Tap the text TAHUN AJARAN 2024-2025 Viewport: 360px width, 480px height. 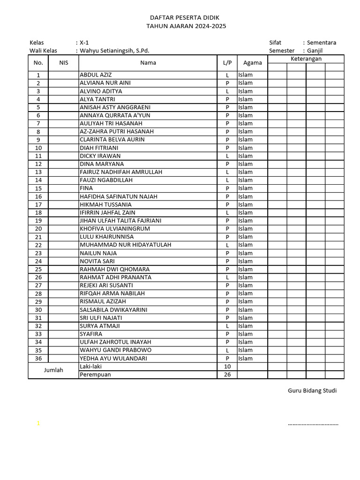tap(186, 26)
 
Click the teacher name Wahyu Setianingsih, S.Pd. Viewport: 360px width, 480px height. tap(114, 51)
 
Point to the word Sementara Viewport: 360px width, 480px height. tap(321, 42)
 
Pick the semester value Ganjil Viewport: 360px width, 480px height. tap(315, 51)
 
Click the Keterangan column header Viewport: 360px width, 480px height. tap(306, 59)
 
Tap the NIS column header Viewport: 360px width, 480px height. tap(63, 63)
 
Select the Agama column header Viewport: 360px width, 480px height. tap(252, 63)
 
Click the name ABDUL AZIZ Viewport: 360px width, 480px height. tap(96, 75)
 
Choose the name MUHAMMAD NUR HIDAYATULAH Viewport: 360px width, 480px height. tap(125, 245)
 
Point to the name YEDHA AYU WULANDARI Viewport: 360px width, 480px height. tap(113, 359)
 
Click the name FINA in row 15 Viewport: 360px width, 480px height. tap(86, 188)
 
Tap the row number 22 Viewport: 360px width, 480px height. tap(38, 245)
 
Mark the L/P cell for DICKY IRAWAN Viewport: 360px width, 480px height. tap(227, 156)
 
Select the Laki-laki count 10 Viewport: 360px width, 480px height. tap(227, 367)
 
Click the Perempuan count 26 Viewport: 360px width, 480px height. tap(227, 375)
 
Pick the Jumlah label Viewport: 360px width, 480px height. tap(53, 370)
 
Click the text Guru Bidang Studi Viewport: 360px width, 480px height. tap(312, 391)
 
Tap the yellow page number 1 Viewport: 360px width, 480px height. tap(38, 424)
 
